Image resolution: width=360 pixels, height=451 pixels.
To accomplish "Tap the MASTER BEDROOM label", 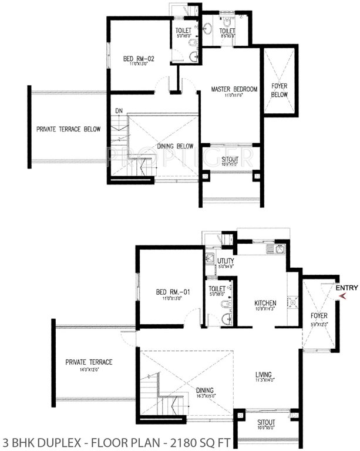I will coord(234,89).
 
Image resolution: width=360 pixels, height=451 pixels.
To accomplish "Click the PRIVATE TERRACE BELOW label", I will coord(68,129).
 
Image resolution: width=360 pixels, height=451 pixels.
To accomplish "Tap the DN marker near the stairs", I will coord(119,110).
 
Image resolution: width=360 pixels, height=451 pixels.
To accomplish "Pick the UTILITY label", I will coord(226,261).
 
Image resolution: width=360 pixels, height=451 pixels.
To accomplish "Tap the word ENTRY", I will coord(346,288).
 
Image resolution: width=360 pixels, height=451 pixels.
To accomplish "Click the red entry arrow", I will coord(344,297).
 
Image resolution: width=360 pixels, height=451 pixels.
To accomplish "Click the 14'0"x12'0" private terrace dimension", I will coord(89,369).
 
